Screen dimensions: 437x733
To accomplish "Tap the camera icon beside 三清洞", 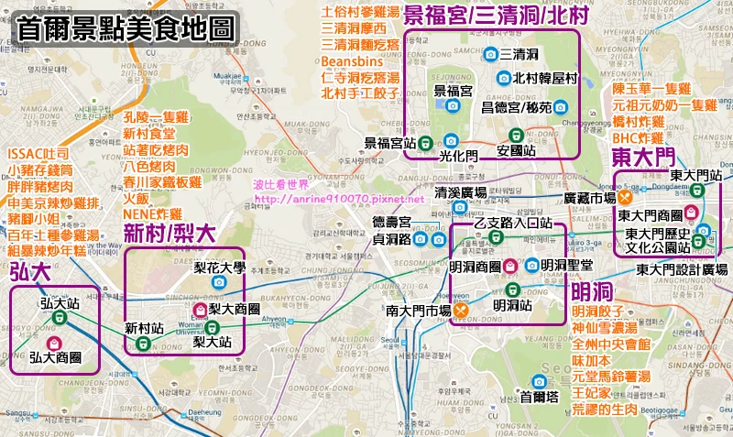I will (x=490, y=53).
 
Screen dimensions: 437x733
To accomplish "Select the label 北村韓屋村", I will (x=547, y=79).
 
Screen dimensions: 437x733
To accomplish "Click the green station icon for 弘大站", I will (x=59, y=317).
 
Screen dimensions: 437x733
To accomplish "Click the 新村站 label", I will (x=145, y=327).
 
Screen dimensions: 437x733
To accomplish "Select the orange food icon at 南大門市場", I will (x=461, y=311).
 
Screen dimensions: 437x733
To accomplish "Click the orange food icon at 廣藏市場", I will (x=627, y=197).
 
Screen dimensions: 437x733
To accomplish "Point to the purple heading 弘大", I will (x=29, y=271).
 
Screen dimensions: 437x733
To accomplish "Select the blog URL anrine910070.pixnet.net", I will (x=339, y=199).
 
